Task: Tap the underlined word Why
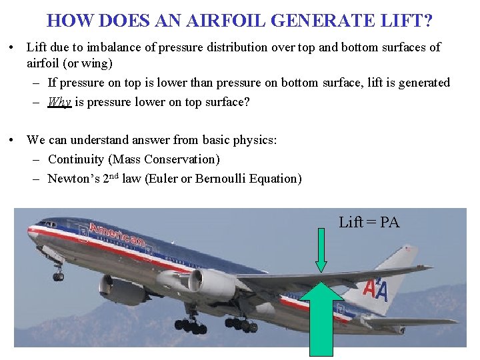coord(59,102)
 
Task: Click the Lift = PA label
coord(369,223)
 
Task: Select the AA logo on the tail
coord(375,291)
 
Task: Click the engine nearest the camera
coord(210,283)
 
